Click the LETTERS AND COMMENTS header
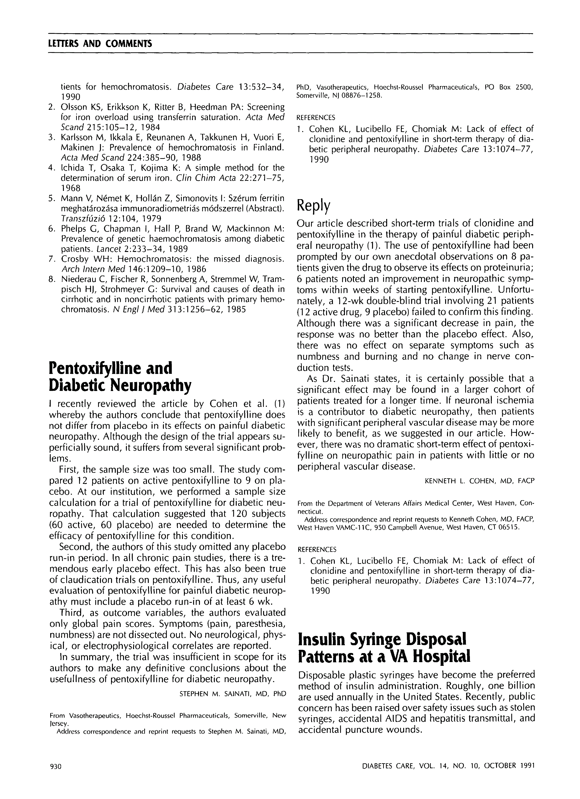(100, 44)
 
